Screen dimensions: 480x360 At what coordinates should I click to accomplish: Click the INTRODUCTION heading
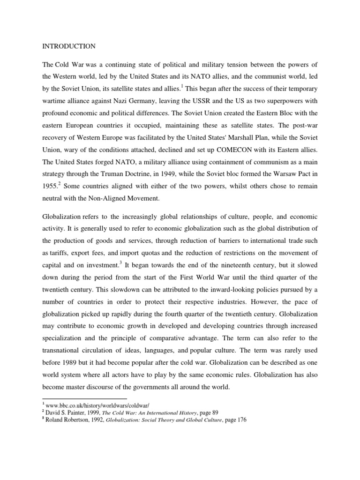tap(69, 46)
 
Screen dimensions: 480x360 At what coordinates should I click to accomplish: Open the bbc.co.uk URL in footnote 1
tap(91, 405)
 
